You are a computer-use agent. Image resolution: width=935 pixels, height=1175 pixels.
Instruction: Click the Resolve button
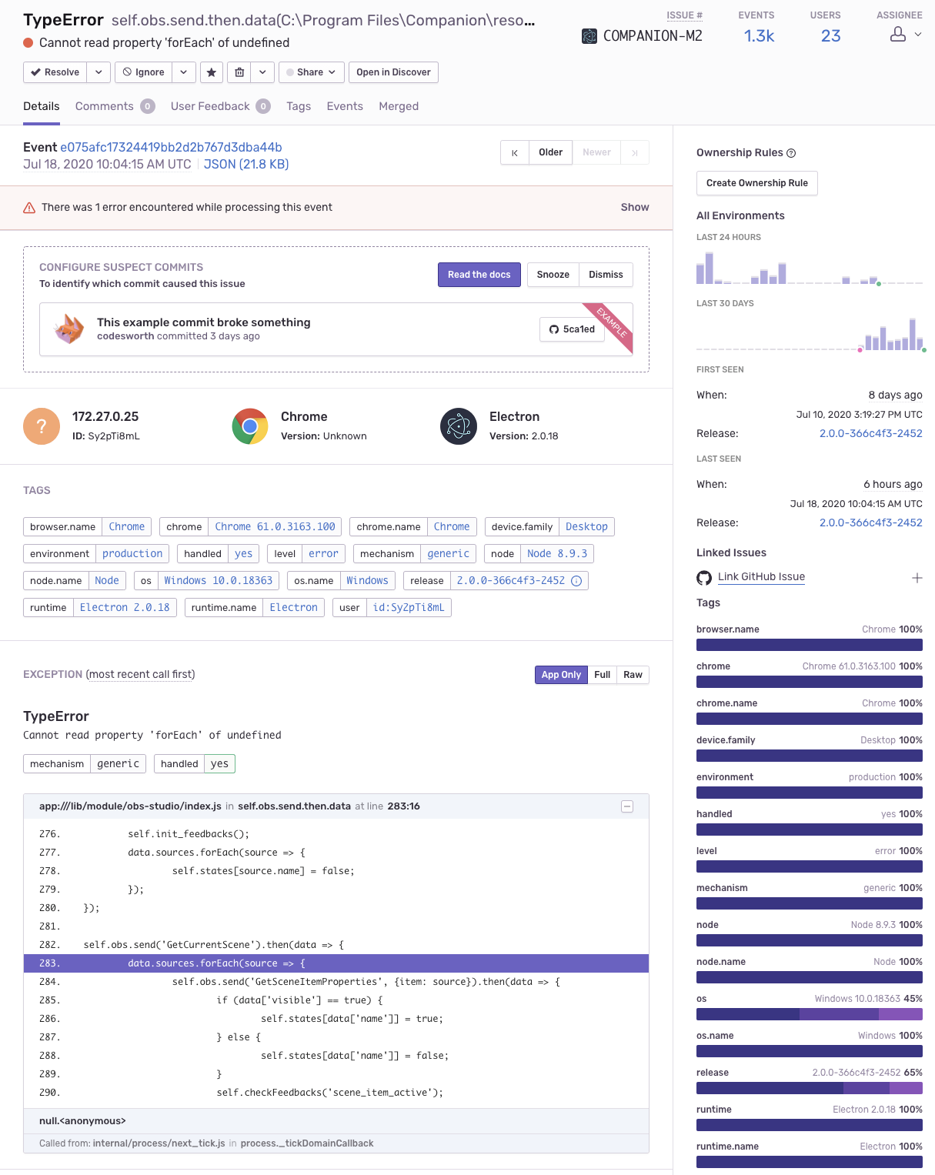55,72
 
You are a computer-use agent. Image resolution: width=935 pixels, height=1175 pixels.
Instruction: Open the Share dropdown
312,72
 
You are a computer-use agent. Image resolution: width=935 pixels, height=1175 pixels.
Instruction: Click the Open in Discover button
393,72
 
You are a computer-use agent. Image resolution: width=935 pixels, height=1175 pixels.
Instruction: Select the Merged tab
399,106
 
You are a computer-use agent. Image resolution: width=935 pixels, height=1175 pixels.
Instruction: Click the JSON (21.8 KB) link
246,165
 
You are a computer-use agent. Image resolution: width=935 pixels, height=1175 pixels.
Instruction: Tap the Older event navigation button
550,152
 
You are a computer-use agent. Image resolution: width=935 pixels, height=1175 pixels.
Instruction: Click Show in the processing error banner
635,207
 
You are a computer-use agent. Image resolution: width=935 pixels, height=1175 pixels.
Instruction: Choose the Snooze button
553,275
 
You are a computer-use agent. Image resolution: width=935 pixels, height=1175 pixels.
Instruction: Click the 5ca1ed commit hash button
572,329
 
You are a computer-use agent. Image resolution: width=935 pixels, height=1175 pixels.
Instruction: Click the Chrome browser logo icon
249,426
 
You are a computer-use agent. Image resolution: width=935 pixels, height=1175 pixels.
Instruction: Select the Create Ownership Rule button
756,183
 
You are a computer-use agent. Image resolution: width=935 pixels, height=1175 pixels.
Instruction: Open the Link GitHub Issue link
761,576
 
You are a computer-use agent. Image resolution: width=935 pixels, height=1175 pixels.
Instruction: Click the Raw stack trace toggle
633,674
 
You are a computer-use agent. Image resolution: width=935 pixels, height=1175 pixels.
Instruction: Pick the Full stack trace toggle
602,674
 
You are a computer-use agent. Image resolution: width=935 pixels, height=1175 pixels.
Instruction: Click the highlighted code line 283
336,963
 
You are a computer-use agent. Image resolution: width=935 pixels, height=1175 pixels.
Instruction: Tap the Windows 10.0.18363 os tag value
218,580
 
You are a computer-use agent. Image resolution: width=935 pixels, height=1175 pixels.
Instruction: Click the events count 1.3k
759,36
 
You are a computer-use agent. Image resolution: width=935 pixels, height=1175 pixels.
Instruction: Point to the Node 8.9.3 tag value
556,554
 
